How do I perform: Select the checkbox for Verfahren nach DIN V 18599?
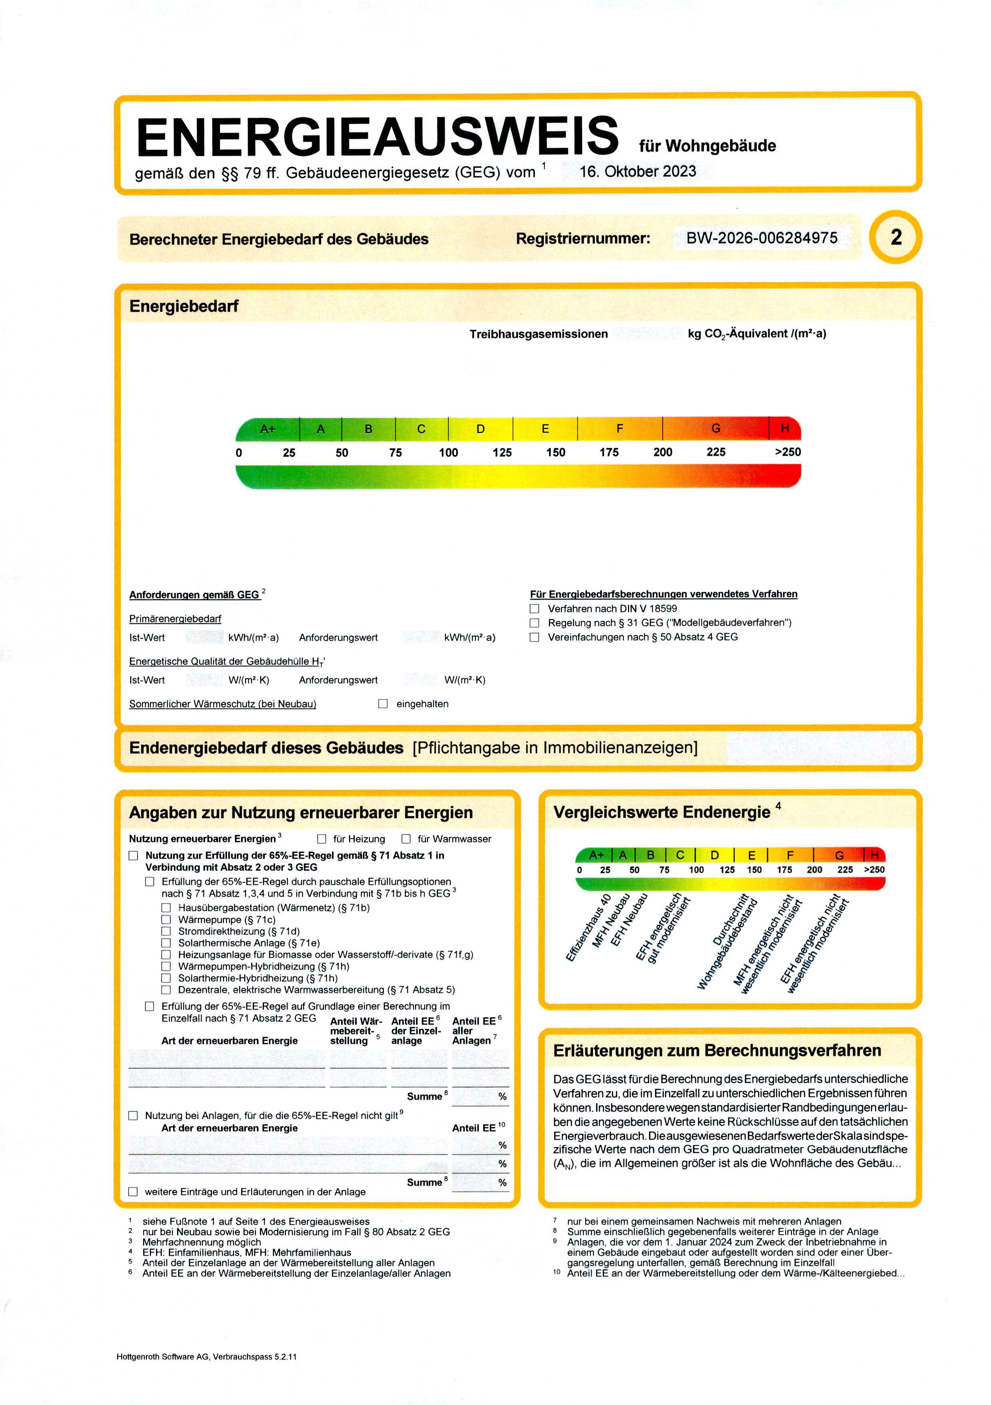click(x=534, y=609)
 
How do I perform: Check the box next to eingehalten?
click(x=383, y=704)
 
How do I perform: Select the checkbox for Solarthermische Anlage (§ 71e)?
click(x=166, y=943)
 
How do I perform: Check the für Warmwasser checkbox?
click(x=406, y=839)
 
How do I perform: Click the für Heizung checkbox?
click(x=322, y=839)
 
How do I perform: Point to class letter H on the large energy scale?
click(x=785, y=428)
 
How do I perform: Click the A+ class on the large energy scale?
click(x=268, y=429)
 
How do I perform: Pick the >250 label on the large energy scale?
click(x=787, y=452)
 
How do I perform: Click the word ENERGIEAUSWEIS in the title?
click(x=377, y=136)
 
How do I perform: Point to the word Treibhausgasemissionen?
click(x=539, y=334)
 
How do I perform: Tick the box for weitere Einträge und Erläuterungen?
click(x=133, y=1192)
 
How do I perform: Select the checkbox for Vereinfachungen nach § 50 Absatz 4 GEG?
click(x=534, y=637)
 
